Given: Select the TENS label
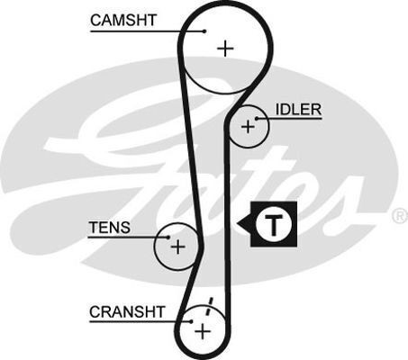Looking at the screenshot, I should coord(109,228).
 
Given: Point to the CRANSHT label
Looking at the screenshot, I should coord(127,311).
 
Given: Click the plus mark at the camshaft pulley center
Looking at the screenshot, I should coord(224,48).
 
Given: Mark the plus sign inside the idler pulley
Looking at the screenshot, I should coord(248,128).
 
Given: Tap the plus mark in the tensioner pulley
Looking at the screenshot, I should coord(178,246).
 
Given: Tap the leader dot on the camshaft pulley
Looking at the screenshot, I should coord(204,31).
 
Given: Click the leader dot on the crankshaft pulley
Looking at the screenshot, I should coord(191,320).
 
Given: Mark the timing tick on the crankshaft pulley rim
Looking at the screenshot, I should coord(210,303).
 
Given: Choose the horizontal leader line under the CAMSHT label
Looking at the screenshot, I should coord(144,31).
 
